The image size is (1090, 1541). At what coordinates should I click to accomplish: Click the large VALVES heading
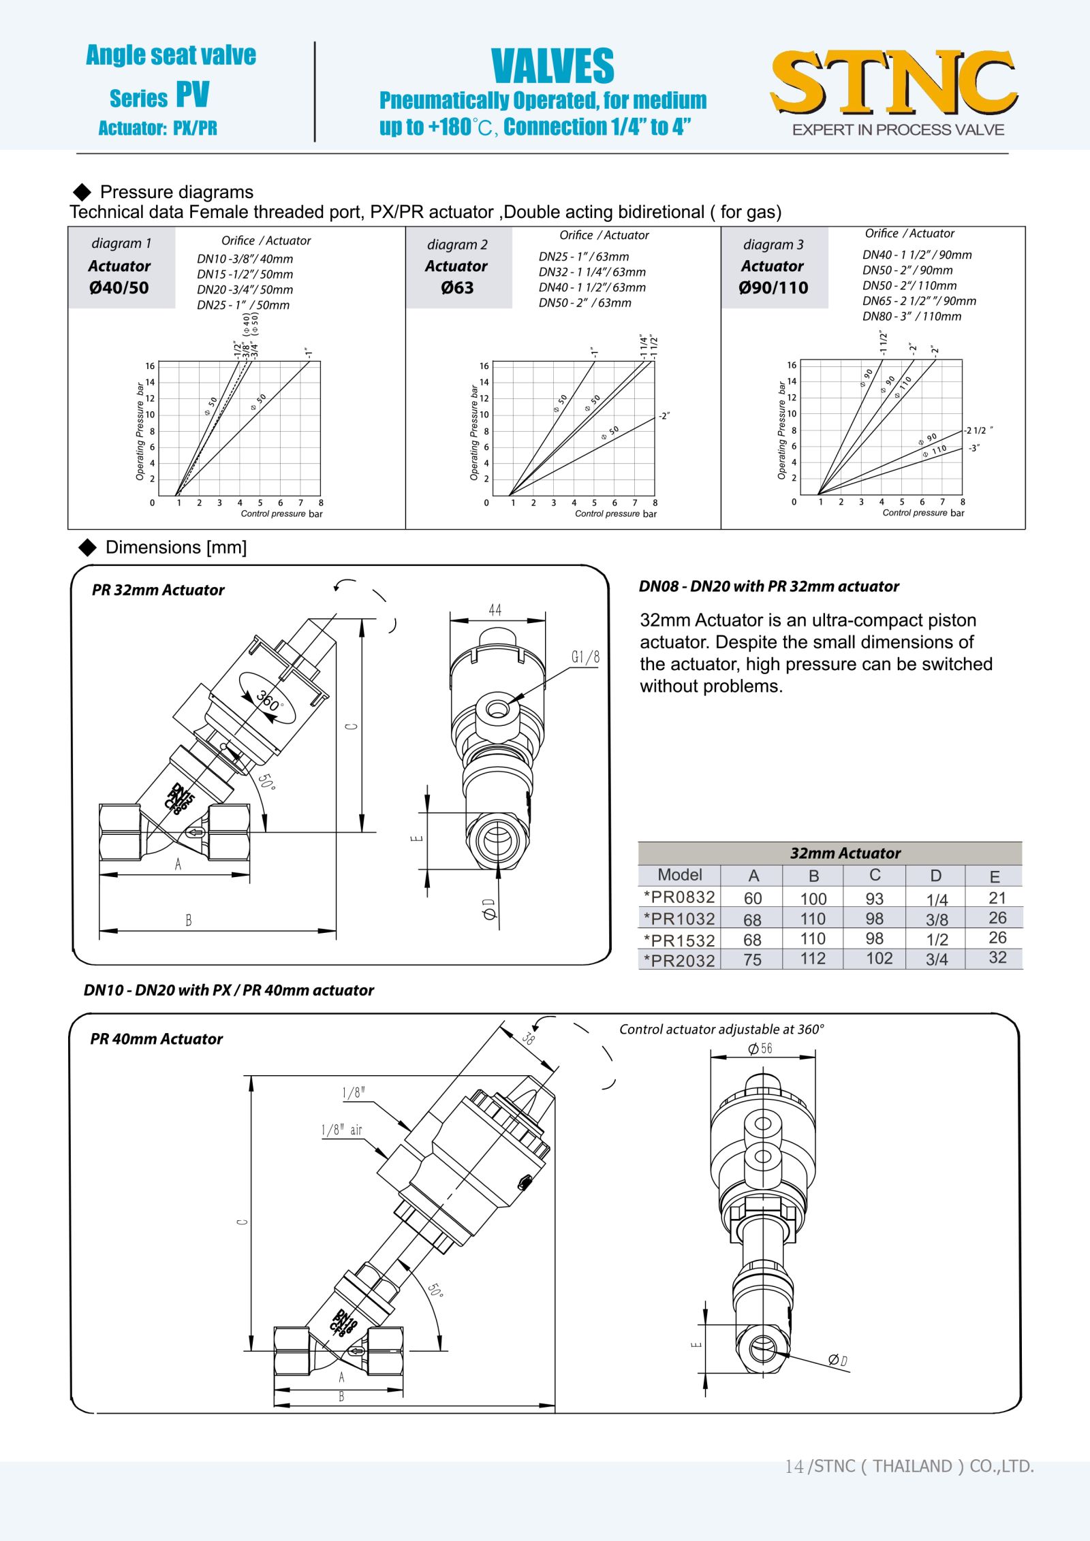[x=552, y=66]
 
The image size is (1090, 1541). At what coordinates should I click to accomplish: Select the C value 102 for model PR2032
[x=879, y=959]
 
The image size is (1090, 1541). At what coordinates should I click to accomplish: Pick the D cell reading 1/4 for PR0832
[x=937, y=899]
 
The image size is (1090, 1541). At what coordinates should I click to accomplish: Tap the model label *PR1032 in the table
[x=679, y=919]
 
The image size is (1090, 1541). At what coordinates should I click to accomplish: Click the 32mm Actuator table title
[x=845, y=853]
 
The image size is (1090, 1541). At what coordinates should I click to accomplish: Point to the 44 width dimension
[x=495, y=610]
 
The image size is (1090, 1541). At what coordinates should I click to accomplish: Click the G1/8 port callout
[x=585, y=657]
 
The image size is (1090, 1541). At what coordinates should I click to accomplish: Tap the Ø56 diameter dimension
[x=760, y=1049]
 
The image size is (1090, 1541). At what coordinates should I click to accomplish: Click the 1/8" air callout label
[x=342, y=1130]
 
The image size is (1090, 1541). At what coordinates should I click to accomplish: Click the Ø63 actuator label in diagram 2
[x=457, y=287]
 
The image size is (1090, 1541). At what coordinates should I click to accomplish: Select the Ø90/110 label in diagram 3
[x=773, y=287]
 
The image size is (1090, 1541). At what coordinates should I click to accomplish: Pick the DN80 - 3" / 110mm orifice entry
[x=912, y=316]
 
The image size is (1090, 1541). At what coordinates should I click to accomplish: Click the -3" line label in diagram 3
[x=974, y=448]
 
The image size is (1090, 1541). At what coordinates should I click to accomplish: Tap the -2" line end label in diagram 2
[x=664, y=415]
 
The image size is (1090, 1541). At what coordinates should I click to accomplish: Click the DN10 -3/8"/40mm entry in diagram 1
[x=245, y=259]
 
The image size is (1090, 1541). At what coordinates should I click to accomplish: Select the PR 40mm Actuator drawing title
[x=157, y=1039]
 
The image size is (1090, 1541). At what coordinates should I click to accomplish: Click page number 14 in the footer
[x=794, y=1466]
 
